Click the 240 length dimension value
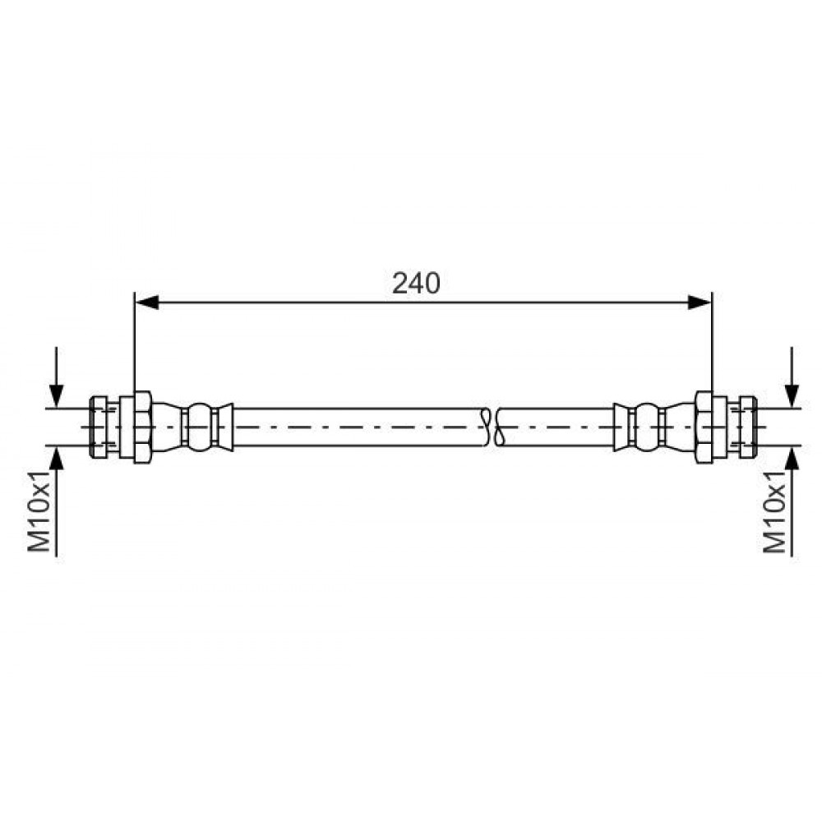click(x=416, y=284)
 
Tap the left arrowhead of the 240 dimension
click(x=147, y=302)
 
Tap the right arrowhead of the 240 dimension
click(x=700, y=302)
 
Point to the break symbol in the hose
click(x=492, y=427)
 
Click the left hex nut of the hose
click(x=142, y=427)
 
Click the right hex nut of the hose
click(x=704, y=427)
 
